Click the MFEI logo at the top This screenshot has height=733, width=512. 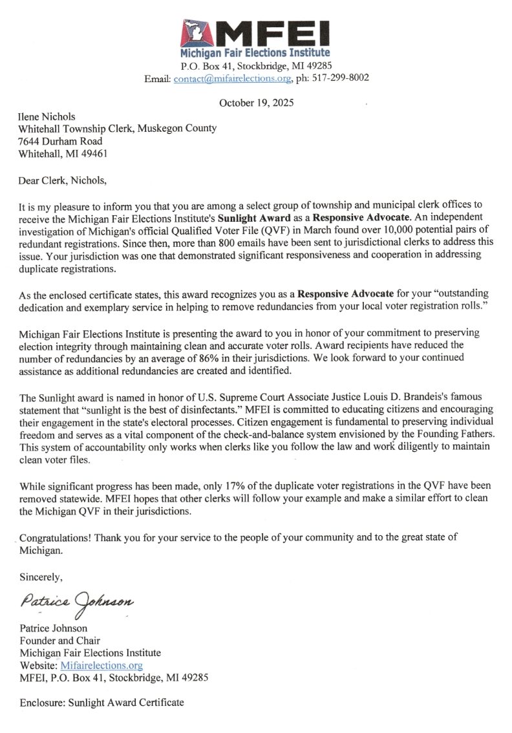click(x=255, y=38)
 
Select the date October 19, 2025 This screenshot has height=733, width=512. click(x=256, y=102)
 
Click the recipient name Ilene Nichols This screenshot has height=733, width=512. click(x=47, y=116)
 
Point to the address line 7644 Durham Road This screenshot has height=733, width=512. click(x=59, y=141)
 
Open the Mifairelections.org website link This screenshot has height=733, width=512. click(x=101, y=665)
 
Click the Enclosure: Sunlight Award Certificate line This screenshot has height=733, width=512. click(x=101, y=702)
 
